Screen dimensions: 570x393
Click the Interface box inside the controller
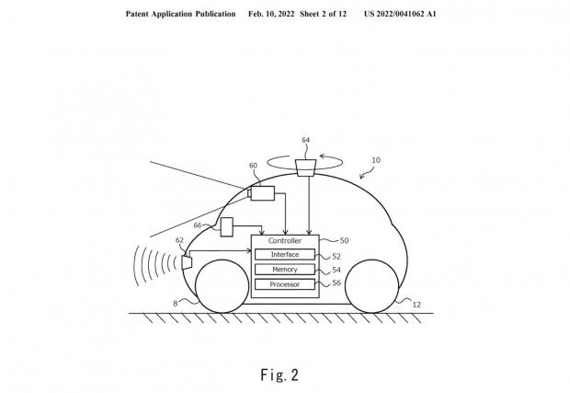[x=285, y=254]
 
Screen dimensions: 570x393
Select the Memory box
[x=285, y=270]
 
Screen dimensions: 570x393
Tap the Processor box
[x=285, y=284]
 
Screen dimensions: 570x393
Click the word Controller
[x=285, y=240]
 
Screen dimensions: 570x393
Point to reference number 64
[x=306, y=140]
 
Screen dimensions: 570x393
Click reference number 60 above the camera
[x=253, y=166]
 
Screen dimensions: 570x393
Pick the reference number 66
[x=198, y=225]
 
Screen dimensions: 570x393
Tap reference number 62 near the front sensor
[x=179, y=240]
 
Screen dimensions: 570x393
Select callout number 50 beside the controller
[x=344, y=240]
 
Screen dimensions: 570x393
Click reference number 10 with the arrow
[x=376, y=160]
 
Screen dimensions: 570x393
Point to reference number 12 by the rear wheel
[x=416, y=305]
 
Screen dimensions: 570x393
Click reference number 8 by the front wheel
[x=176, y=304]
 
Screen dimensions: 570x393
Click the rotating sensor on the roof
[x=306, y=168]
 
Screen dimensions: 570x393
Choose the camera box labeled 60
[x=262, y=193]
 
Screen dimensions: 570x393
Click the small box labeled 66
[x=227, y=227]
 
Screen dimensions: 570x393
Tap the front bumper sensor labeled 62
[x=187, y=262]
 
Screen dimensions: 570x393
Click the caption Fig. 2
[x=279, y=375]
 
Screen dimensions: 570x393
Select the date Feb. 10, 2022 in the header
[x=271, y=14]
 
